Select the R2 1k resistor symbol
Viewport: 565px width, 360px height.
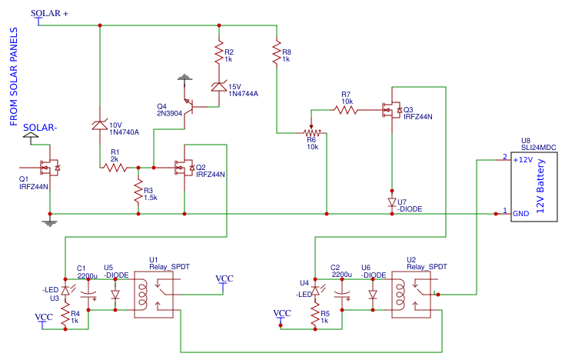click(218, 54)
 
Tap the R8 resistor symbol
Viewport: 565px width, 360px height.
click(277, 53)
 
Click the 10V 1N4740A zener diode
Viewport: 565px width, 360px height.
click(100, 125)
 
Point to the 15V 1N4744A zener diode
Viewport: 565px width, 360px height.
click(218, 88)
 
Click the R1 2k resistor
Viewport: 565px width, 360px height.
click(115, 166)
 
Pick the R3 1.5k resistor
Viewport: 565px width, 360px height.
click(138, 192)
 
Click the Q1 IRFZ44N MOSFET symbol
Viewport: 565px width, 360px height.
click(49, 166)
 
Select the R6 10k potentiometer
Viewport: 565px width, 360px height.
click(311, 132)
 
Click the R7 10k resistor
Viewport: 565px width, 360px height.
click(347, 110)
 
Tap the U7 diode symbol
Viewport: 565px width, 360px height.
click(392, 202)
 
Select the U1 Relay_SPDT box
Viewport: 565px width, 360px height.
click(158, 293)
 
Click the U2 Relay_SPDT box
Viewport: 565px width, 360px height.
click(411, 293)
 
